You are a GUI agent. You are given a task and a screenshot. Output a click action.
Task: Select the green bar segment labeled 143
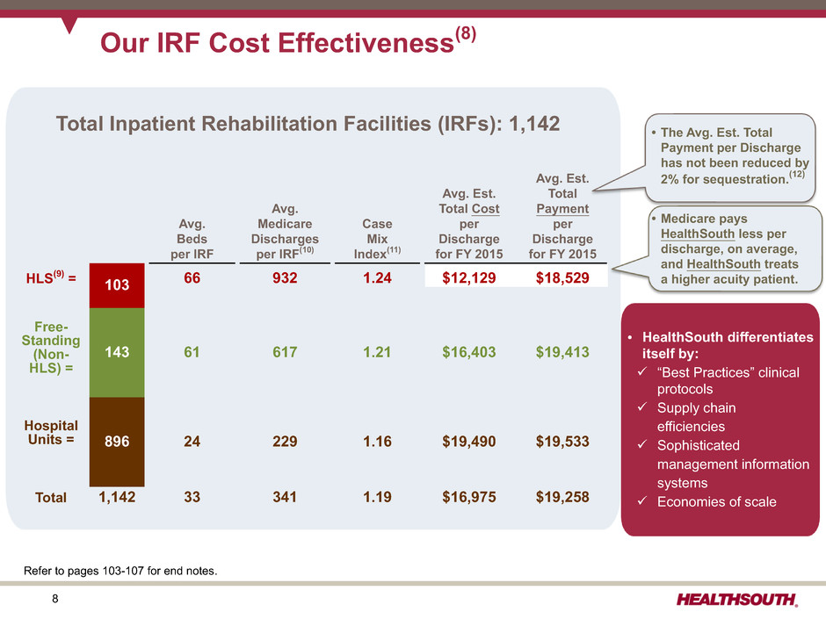[117, 351]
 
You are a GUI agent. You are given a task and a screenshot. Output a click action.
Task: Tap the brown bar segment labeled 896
[117, 441]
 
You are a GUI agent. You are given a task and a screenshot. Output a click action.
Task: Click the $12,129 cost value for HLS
[469, 278]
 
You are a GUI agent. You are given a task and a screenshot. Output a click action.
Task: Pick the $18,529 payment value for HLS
[562, 278]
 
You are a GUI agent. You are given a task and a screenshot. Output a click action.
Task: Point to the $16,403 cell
[469, 352]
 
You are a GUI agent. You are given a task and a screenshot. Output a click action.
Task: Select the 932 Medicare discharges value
[285, 278]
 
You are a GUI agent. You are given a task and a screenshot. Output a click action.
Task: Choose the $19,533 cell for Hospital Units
[562, 441]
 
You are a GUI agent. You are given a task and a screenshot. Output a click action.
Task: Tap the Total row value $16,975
[469, 497]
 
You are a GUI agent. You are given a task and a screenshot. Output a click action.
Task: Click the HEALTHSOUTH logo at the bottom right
[737, 600]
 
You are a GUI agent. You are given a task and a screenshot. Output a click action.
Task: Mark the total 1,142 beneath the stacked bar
[117, 497]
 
